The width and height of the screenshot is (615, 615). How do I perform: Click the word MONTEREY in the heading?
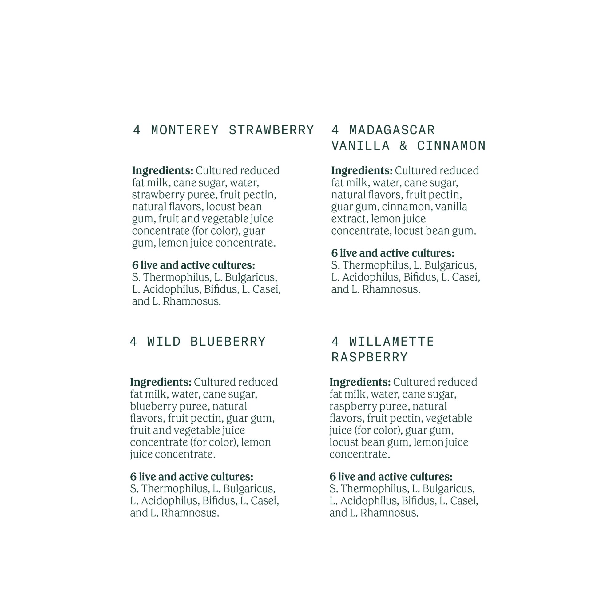point(185,130)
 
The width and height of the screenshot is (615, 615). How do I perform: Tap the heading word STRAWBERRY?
point(271,130)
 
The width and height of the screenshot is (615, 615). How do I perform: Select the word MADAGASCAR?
point(392,130)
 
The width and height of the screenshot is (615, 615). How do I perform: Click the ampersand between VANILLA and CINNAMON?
point(403,146)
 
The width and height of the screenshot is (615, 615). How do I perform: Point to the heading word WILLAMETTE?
point(391,342)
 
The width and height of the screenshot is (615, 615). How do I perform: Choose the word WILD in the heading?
point(164,342)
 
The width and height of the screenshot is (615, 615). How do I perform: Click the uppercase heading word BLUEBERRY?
point(228,342)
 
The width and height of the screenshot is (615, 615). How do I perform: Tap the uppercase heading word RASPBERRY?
point(369,357)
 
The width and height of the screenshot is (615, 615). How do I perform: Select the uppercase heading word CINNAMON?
point(451,146)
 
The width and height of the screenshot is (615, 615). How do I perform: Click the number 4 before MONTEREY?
point(137,130)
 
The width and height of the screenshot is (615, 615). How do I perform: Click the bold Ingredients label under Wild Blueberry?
point(161,382)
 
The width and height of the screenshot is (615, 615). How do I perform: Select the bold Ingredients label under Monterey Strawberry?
point(163,171)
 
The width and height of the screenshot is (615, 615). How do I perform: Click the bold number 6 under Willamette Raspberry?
point(333,477)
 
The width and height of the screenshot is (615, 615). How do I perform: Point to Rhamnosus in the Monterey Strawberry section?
point(192,301)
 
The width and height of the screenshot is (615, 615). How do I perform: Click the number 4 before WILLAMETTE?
point(335,342)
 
